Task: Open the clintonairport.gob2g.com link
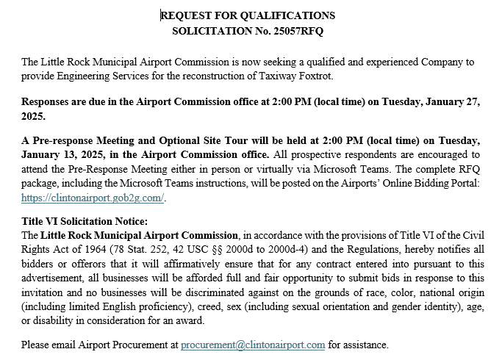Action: [x=93, y=198]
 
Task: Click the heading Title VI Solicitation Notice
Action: [x=85, y=221]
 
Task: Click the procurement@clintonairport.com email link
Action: [x=253, y=344]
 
